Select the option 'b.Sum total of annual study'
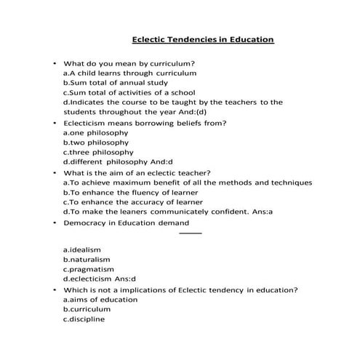tap(111, 83)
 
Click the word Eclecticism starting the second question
tap(88, 123)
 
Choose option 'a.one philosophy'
tap(95, 133)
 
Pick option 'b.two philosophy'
tap(95, 143)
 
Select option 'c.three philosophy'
tap(98, 153)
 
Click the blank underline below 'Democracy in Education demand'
tap(190, 233)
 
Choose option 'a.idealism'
tap(81, 249)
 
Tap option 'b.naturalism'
tap(87, 259)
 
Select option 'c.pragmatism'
tap(88, 269)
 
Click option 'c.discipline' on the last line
tap(84, 319)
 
